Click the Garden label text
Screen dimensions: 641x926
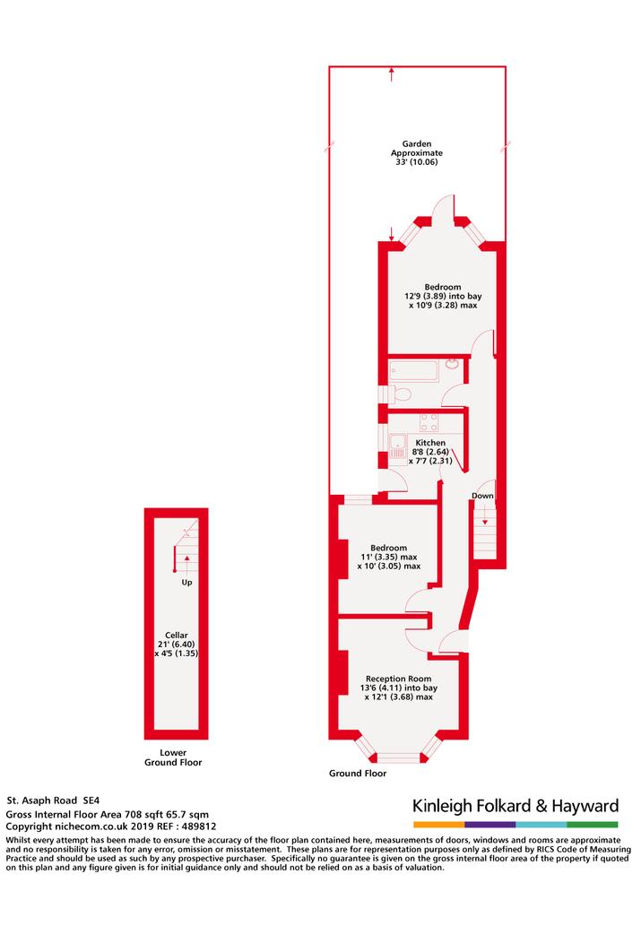(417, 143)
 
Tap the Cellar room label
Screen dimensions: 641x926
(176, 636)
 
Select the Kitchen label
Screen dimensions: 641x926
(430, 442)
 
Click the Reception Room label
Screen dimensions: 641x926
(398, 679)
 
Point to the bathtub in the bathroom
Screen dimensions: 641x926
(413, 371)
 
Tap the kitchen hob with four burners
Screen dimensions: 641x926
(429, 423)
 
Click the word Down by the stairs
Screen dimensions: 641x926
(482, 496)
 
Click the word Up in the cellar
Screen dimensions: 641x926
(186, 583)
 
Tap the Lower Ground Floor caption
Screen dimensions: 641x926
(173, 757)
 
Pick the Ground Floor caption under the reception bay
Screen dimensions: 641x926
(358, 773)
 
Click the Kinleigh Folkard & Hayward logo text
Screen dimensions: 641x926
(515, 806)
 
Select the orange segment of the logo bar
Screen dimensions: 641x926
(438, 825)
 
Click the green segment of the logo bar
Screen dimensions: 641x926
(593, 825)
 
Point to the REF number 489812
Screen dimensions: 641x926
(198, 826)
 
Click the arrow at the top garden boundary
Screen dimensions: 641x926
(391, 74)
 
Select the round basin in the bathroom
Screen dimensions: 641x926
(453, 363)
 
